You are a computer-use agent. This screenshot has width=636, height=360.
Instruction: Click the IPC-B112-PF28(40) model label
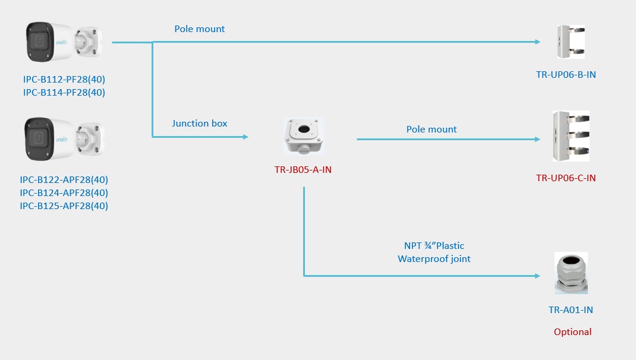(x=64, y=79)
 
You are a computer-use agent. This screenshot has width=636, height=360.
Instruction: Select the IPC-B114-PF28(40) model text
(x=64, y=92)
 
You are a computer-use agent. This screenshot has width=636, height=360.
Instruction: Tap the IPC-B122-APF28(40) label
(x=64, y=179)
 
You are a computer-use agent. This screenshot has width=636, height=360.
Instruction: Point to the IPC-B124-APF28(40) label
(x=64, y=192)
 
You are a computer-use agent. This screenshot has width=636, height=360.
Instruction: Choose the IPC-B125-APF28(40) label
(x=64, y=206)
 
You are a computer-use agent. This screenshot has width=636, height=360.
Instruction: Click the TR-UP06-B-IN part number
(x=565, y=74)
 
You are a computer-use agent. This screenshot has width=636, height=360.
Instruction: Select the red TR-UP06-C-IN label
(x=565, y=178)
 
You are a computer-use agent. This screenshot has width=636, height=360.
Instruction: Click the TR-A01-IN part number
(x=571, y=310)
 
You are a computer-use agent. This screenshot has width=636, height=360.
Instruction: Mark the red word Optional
(x=572, y=332)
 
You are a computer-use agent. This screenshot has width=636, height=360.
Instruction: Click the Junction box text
(x=200, y=124)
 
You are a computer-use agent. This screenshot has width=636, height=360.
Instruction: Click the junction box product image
(x=304, y=137)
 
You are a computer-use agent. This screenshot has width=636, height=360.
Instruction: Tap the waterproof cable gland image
(x=571, y=273)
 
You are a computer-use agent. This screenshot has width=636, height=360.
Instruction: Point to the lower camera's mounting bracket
(x=89, y=140)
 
